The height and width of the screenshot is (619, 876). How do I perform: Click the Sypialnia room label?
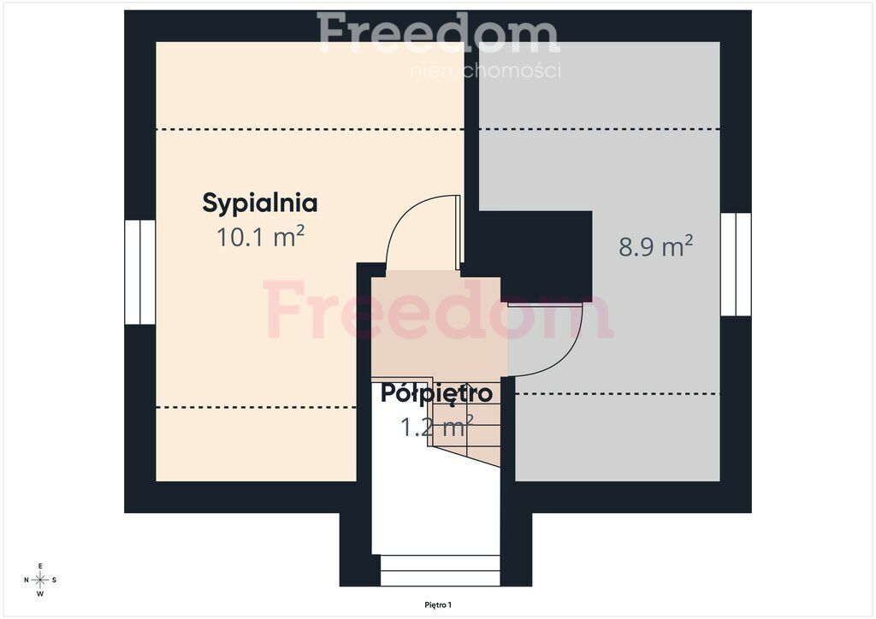pyautogui.click(x=260, y=203)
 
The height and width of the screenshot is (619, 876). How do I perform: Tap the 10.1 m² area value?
pyautogui.click(x=260, y=237)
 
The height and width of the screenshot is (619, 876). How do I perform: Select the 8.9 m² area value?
pyautogui.click(x=655, y=246)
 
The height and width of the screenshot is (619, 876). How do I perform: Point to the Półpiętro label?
pyautogui.click(x=436, y=393)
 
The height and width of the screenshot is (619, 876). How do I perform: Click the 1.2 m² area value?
pyautogui.click(x=437, y=427)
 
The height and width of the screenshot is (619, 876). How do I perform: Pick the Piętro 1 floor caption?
pyautogui.click(x=438, y=604)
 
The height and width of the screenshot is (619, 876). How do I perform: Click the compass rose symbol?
pyautogui.click(x=40, y=580)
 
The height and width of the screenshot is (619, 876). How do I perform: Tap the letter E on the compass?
pyautogui.click(x=40, y=566)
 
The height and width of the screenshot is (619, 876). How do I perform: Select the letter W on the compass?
pyautogui.click(x=40, y=594)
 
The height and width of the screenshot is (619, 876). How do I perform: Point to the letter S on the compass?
pyautogui.click(x=54, y=580)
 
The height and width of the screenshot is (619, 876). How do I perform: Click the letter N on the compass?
pyautogui.click(x=27, y=580)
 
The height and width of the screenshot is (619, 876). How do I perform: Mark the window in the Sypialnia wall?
pyautogui.click(x=139, y=272)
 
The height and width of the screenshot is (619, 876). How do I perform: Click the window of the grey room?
pyautogui.click(x=735, y=264)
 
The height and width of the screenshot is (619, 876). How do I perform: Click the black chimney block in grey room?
pyautogui.click(x=546, y=256)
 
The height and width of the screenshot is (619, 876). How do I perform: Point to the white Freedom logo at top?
pyautogui.click(x=439, y=32)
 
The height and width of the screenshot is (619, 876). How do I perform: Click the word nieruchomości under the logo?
pyautogui.click(x=486, y=70)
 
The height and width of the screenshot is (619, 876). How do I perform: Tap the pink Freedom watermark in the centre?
pyautogui.click(x=438, y=309)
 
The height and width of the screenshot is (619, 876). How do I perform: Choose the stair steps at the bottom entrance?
pyautogui.click(x=441, y=570)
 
